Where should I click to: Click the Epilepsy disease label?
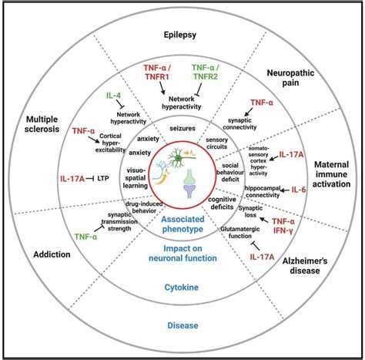click(183, 35)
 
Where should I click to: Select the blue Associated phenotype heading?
click(182, 223)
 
